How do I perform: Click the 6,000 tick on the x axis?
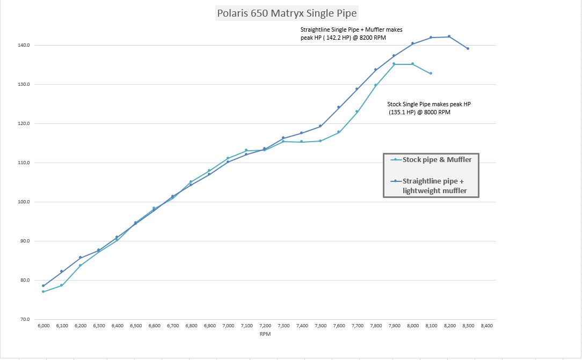point(43,326)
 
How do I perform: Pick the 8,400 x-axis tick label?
point(486,326)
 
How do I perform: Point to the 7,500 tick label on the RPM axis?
point(321,326)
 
